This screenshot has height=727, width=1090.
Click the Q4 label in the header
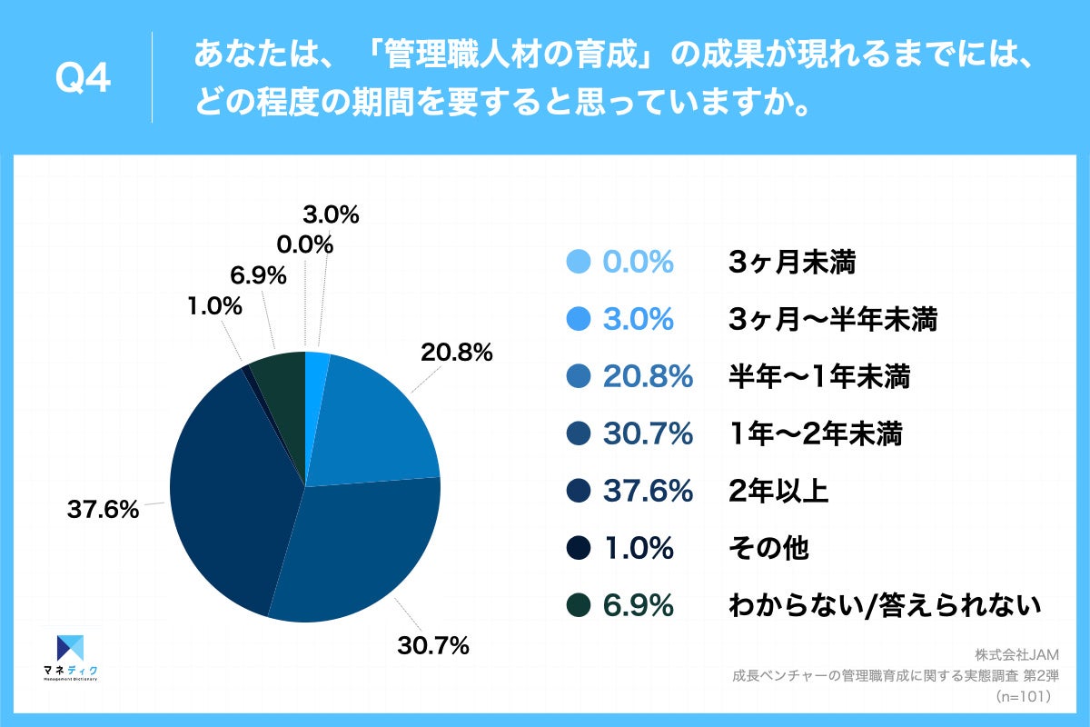83,79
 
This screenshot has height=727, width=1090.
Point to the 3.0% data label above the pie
331,215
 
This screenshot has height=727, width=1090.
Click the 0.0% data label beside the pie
304,244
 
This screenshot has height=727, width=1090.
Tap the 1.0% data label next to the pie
216,306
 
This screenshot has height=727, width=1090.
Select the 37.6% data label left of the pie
103,510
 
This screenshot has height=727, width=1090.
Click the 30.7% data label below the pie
432,646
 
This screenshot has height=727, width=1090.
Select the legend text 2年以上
778,492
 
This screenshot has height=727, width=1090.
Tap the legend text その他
768,549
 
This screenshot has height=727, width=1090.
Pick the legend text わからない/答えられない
884,606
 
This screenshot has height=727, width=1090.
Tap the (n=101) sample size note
1023,696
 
